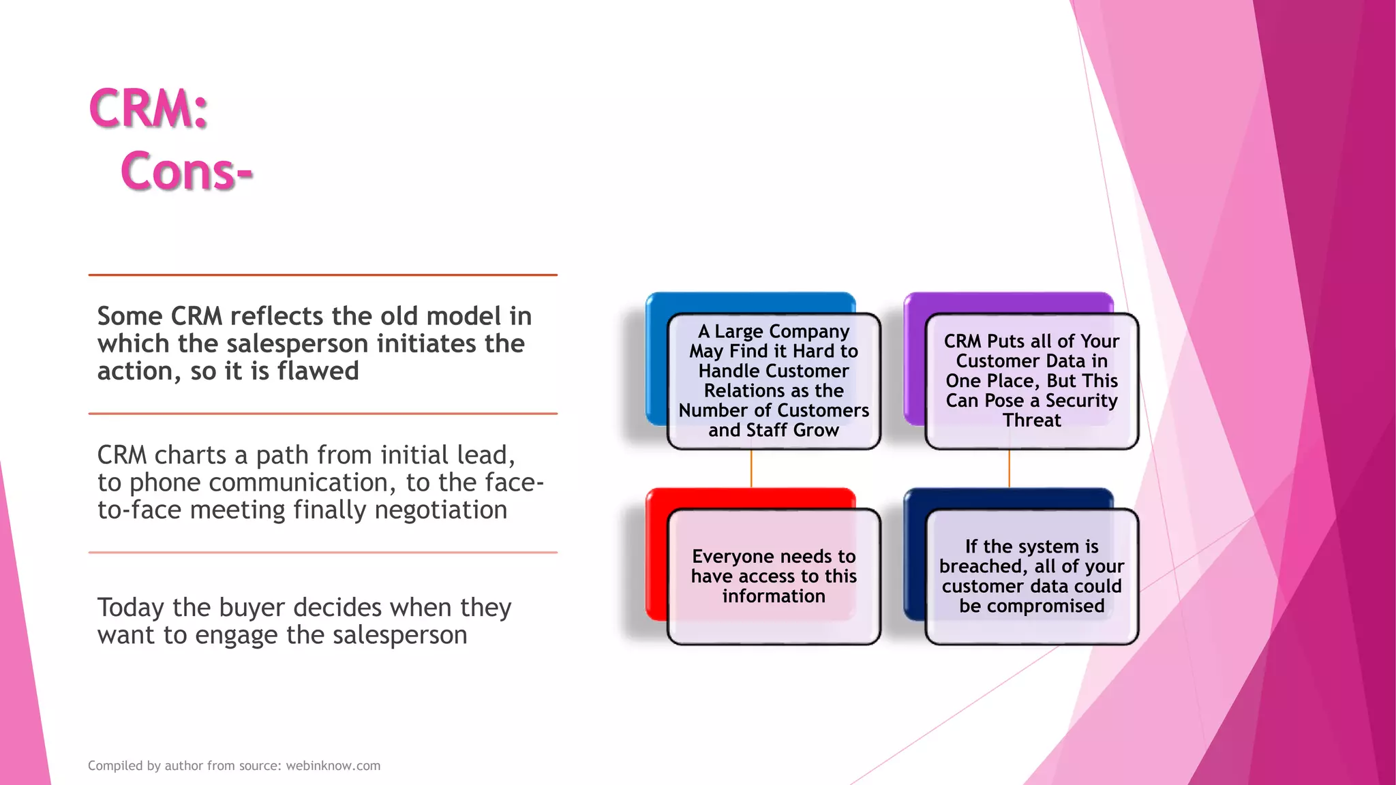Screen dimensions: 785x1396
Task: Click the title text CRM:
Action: pos(148,109)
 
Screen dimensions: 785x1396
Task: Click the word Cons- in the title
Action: pos(186,171)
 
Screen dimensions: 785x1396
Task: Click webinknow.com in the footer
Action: pos(333,765)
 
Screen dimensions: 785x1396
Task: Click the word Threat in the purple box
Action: pos(1031,420)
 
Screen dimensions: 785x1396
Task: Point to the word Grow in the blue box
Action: pos(815,431)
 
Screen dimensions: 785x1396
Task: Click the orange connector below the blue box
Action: pos(750,468)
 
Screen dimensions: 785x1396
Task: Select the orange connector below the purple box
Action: pos(1009,468)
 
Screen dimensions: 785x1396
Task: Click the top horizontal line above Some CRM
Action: pos(322,275)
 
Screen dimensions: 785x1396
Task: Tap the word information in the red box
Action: pos(774,596)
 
